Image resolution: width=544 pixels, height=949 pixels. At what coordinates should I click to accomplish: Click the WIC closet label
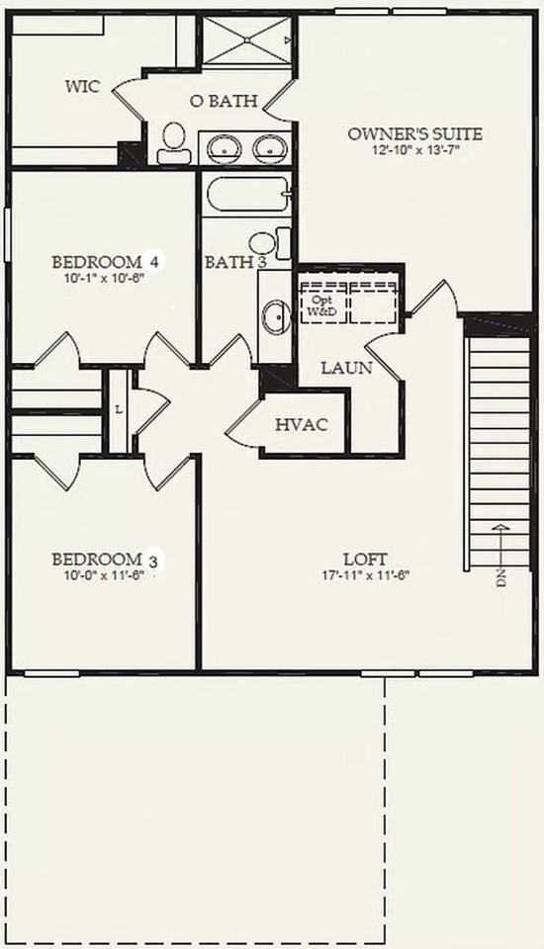[82, 87]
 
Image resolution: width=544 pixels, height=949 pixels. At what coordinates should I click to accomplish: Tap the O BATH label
[224, 101]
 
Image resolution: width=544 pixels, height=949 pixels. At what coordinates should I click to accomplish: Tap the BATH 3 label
[235, 263]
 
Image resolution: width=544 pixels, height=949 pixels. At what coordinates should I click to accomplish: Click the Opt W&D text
[321, 305]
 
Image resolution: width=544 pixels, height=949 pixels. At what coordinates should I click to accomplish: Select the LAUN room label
[346, 369]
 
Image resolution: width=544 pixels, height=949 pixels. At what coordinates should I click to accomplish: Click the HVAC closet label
[301, 425]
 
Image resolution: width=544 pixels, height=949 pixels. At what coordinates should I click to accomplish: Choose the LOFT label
[365, 559]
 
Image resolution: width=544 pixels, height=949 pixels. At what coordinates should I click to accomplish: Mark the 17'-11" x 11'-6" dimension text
[365, 575]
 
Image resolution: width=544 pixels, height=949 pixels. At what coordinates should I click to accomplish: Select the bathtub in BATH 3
[246, 195]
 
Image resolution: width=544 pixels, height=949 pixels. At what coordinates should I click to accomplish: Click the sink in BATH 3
[274, 317]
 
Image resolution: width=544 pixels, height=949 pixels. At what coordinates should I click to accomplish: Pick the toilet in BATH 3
[265, 242]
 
